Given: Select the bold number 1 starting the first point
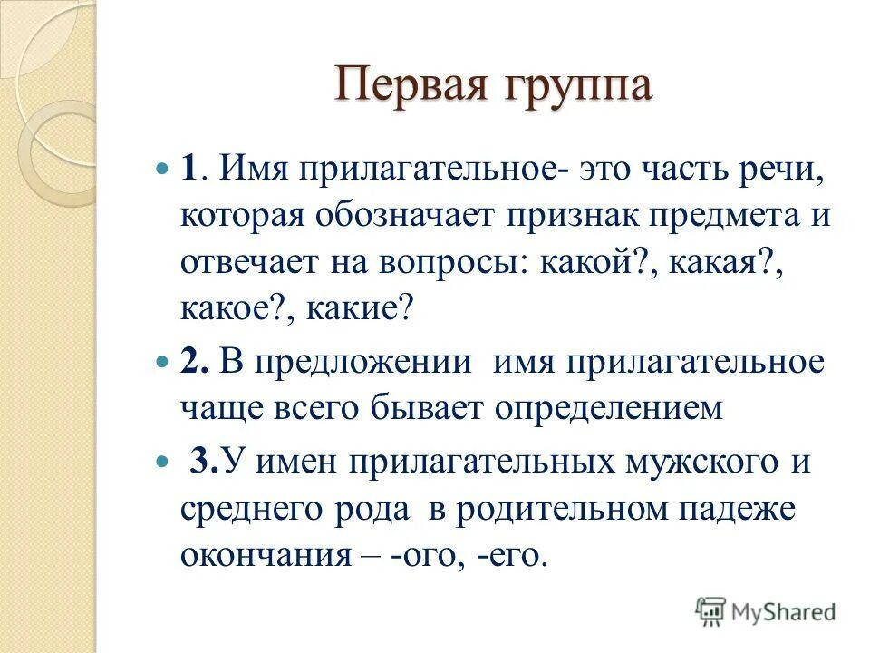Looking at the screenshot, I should coord(188,171).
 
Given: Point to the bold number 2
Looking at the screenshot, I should coord(190,363).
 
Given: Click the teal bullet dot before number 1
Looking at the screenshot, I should coord(163,170).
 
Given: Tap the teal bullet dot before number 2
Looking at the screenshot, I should coord(163,363).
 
